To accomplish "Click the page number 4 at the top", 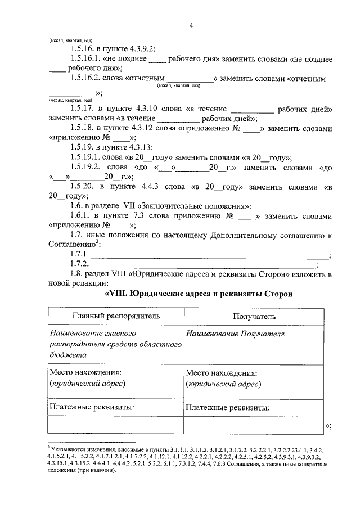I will pos(191,25).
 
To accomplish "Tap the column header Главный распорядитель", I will pos(115,317).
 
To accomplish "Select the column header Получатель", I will pos(254,317).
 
